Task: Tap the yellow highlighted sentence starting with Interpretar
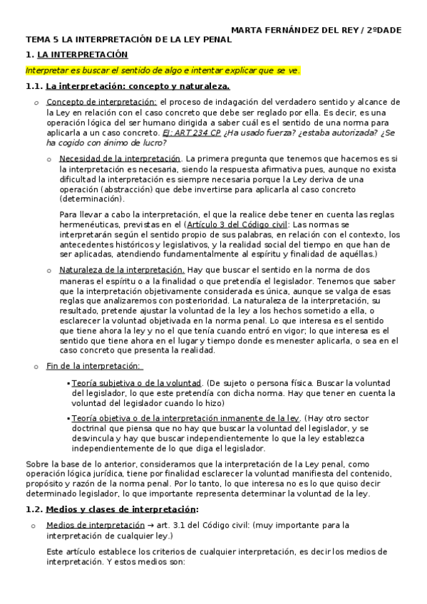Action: click(x=163, y=71)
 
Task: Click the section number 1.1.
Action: click(x=34, y=87)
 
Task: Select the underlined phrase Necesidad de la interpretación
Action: click(x=120, y=157)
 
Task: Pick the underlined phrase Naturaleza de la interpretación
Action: click(x=122, y=270)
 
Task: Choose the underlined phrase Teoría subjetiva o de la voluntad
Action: click(x=136, y=383)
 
